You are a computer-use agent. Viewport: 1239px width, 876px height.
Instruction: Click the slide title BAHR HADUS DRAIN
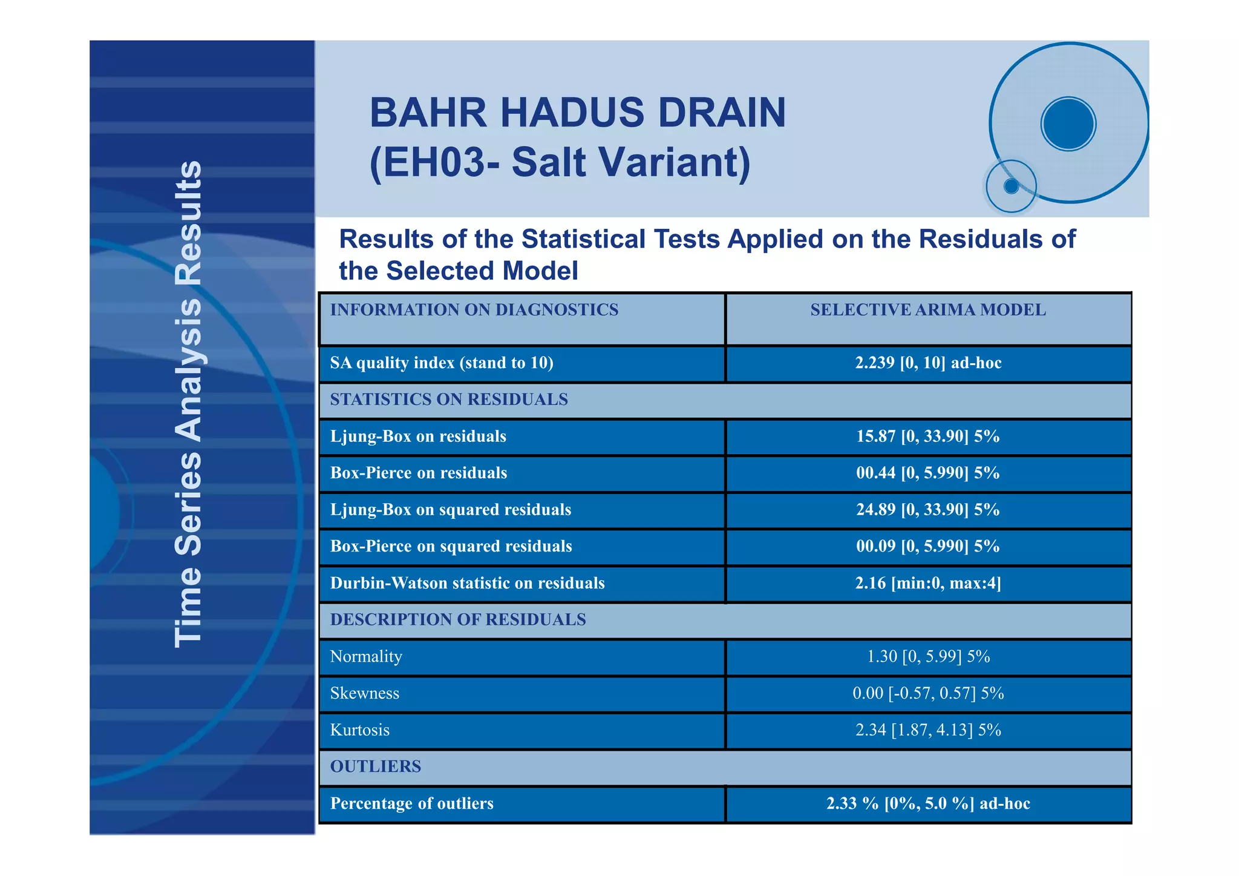coord(577,113)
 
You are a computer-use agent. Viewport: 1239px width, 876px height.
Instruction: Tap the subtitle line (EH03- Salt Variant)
coord(560,162)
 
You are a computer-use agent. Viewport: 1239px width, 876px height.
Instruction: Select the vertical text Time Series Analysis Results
coord(188,404)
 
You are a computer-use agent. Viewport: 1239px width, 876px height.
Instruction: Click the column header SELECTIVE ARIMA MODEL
coord(927,310)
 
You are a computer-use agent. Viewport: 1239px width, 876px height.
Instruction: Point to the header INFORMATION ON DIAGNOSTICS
coord(474,310)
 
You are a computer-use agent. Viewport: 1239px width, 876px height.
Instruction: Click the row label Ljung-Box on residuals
coord(418,436)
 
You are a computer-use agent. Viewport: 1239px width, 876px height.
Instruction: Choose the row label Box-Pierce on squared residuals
coord(451,546)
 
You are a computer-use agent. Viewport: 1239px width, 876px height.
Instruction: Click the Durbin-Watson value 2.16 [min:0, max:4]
coord(927,583)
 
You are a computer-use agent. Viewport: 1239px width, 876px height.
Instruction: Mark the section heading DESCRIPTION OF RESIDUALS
coord(458,619)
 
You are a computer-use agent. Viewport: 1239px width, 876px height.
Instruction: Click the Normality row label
coord(366,656)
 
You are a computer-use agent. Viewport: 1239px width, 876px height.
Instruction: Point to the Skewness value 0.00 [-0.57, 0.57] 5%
coord(927,693)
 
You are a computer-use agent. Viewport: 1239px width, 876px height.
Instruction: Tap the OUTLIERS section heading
coord(376,766)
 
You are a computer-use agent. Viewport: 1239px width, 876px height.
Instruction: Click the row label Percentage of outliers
coord(411,803)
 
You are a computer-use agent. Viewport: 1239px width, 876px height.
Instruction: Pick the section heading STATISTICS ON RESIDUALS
coord(449,400)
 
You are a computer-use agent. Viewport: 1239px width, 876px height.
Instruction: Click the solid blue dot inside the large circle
coord(1068,123)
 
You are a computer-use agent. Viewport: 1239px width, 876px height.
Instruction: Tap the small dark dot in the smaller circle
coord(1011,186)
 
